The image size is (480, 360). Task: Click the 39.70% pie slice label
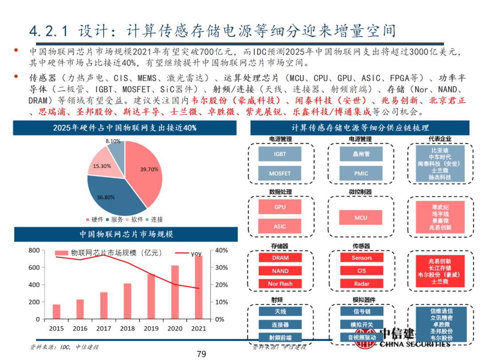[x=149, y=169]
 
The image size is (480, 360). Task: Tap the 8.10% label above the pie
[x=113, y=141]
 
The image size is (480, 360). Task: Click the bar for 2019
[x=152, y=296]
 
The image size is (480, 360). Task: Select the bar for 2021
[x=199, y=288]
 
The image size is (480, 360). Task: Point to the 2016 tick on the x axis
[x=80, y=328]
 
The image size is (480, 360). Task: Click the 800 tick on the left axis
[x=34, y=251]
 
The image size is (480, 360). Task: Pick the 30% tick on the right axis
[x=222, y=268]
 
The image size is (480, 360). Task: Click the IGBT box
[x=280, y=154]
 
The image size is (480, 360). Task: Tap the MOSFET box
[x=280, y=174]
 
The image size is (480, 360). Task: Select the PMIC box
[x=361, y=174]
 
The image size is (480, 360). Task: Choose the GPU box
[x=280, y=207]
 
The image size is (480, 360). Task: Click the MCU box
[x=361, y=218]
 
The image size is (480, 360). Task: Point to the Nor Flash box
[x=280, y=284]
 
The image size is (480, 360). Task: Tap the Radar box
[x=361, y=284]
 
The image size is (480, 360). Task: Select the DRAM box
[x=280, y=258]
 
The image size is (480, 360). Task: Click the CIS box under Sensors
[x=361, y=271]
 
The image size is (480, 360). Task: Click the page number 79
[x=201, y=354]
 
